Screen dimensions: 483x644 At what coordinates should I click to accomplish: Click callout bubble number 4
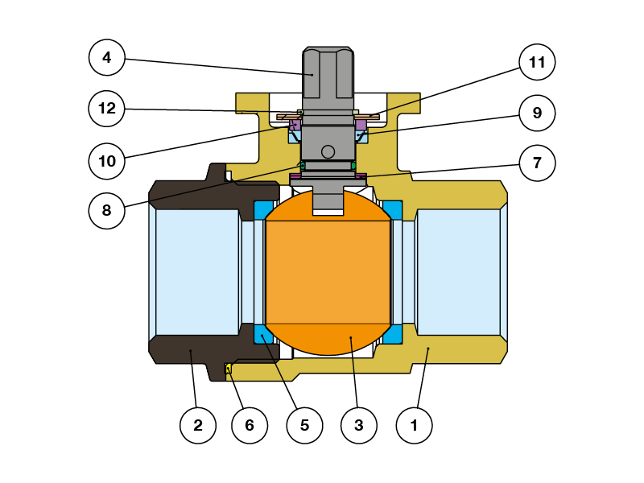[107, 57]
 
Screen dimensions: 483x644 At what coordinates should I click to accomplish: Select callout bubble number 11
[538, 62]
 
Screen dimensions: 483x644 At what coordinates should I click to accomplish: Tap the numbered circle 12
[107, 109]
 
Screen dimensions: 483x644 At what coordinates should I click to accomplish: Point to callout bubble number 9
[538, 114]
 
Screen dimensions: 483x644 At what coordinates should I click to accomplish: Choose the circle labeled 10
[107, 161]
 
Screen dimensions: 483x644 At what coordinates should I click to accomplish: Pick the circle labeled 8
[107, 212]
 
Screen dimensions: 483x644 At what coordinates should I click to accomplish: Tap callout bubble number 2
[198, 425]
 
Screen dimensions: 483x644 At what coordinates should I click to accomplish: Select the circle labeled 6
[250, 425]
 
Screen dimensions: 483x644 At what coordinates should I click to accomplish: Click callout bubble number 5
[304, 425]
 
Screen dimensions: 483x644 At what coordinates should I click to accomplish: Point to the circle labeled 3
[359, 425]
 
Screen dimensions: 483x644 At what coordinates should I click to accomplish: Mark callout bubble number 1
[415, 425]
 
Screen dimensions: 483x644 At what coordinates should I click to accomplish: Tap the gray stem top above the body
[328, 76]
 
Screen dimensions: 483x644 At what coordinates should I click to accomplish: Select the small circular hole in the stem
[328, 151]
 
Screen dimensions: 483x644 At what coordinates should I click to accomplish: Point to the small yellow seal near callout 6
[228, 369]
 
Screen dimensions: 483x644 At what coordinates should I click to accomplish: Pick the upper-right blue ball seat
[392, 210]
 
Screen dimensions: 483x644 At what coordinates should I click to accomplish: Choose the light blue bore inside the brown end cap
[197, 272]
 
